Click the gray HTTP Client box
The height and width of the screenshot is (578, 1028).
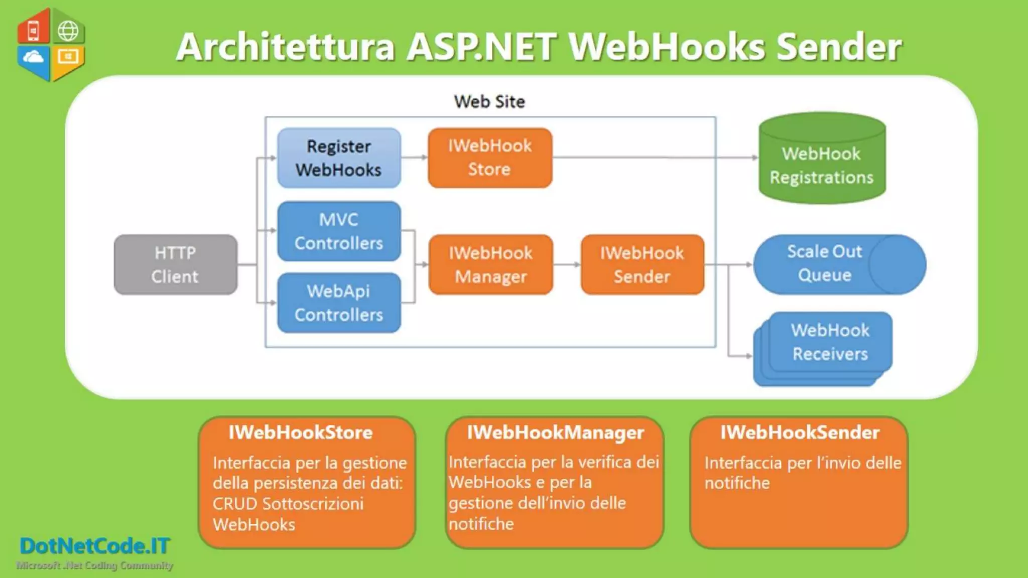point(175,264)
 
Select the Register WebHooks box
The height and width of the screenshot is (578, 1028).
point(339,158)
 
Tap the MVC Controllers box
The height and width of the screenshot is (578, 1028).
point(339,231)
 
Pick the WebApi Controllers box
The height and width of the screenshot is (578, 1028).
point(339,303)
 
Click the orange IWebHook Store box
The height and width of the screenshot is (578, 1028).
point(490,158)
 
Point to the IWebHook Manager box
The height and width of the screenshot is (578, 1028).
point(490,264)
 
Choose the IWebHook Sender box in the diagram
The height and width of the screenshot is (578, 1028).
point(642,264)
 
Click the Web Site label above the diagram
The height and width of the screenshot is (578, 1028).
point(489,102)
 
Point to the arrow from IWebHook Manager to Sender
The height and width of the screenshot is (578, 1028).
point(567,264)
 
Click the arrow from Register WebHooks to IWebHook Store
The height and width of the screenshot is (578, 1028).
point(414,158)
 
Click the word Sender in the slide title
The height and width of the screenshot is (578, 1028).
point(838,47)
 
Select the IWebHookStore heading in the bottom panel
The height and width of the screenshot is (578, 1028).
point(300,432)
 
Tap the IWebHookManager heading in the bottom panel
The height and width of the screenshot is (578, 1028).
point(555,432)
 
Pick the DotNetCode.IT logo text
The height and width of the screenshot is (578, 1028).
point(95,546)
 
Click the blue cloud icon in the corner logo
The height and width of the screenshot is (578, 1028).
point(33,57)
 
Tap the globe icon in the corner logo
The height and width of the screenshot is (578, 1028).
point(68,31)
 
